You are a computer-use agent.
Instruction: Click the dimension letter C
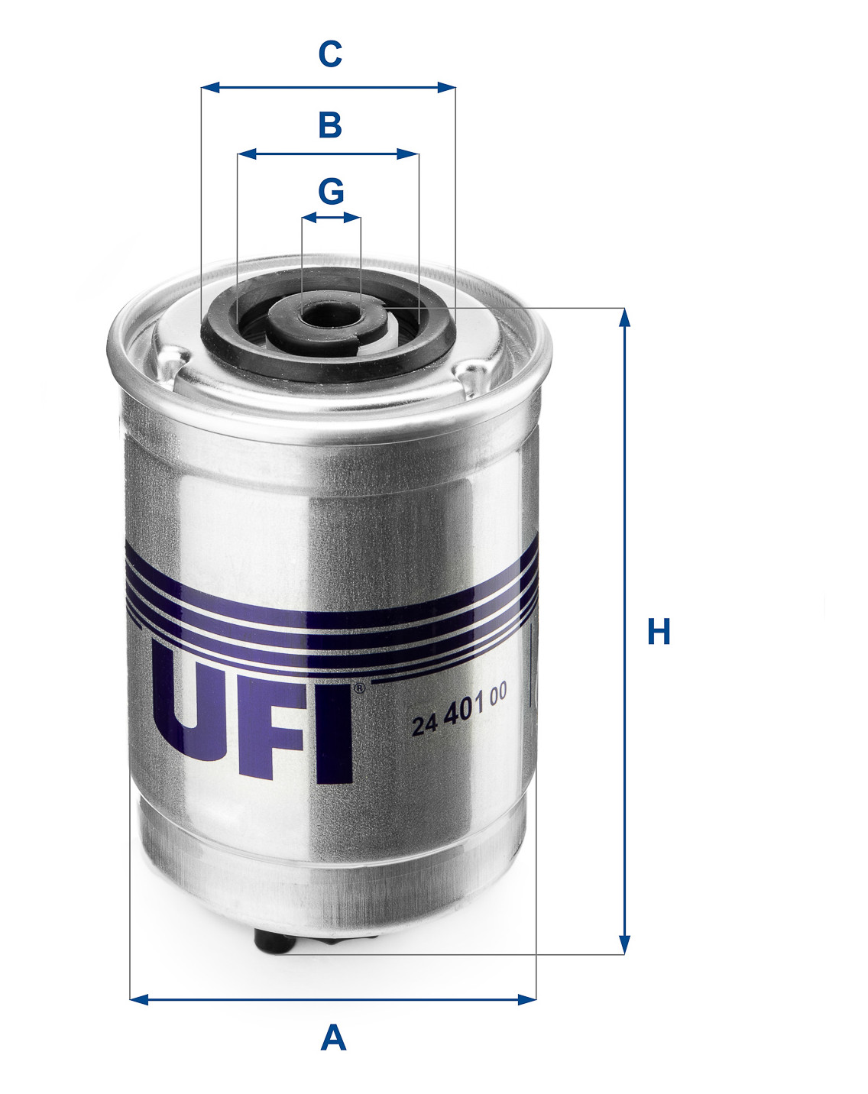click(x=330, y=54)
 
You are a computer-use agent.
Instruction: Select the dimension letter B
click(x=330, y=125)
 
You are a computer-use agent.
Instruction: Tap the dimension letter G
click(x=331, y=191)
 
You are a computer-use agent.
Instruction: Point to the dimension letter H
click(x=659, y=631)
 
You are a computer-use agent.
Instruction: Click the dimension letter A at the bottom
click(x=333, y=1037)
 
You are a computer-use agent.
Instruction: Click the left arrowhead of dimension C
click(x=211, y=87)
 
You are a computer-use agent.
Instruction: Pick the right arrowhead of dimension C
click(x=446, y=87)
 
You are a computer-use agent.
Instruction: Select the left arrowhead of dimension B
click(x=247, y=154)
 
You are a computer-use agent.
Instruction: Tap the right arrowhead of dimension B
click(x=409, y=154)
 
